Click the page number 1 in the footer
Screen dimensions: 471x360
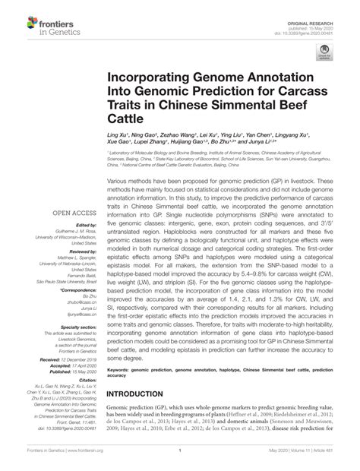pos(179,459)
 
